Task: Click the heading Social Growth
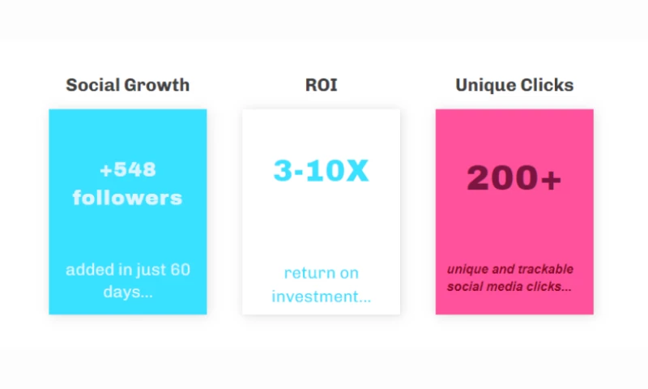[x=127, y=85]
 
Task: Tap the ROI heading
[x=321, y=85]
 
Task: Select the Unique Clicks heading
[x=514, y=85]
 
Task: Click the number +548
[x=127, y=170]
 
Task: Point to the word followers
[x=127, y=198]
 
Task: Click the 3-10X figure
[x=321, y=171]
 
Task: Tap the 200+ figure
[x=514, y=178]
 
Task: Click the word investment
[x=318, y=297]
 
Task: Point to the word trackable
[x=543, y=269]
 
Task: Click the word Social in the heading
[x=90, y=85]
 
